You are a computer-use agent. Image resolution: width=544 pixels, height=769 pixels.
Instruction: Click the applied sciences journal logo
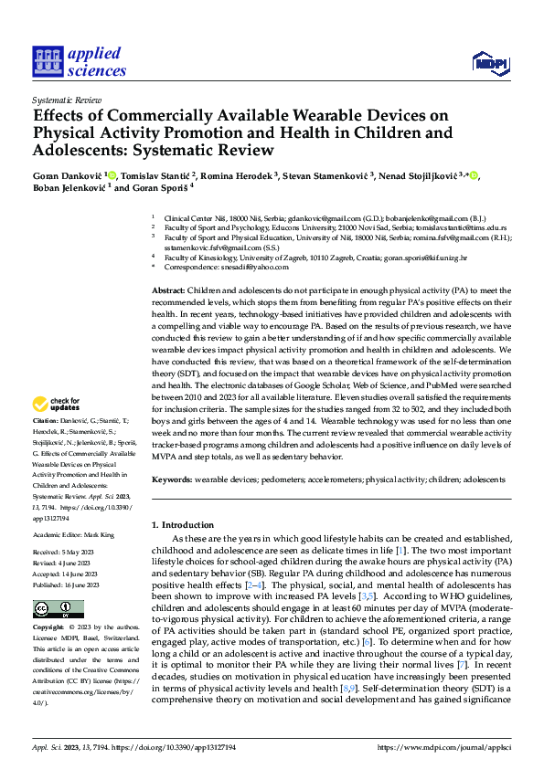pyautogui.click(x=79, y=59)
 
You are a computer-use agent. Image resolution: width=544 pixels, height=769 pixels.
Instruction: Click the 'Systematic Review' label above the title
pyautogui.click(x=68, y=99)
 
